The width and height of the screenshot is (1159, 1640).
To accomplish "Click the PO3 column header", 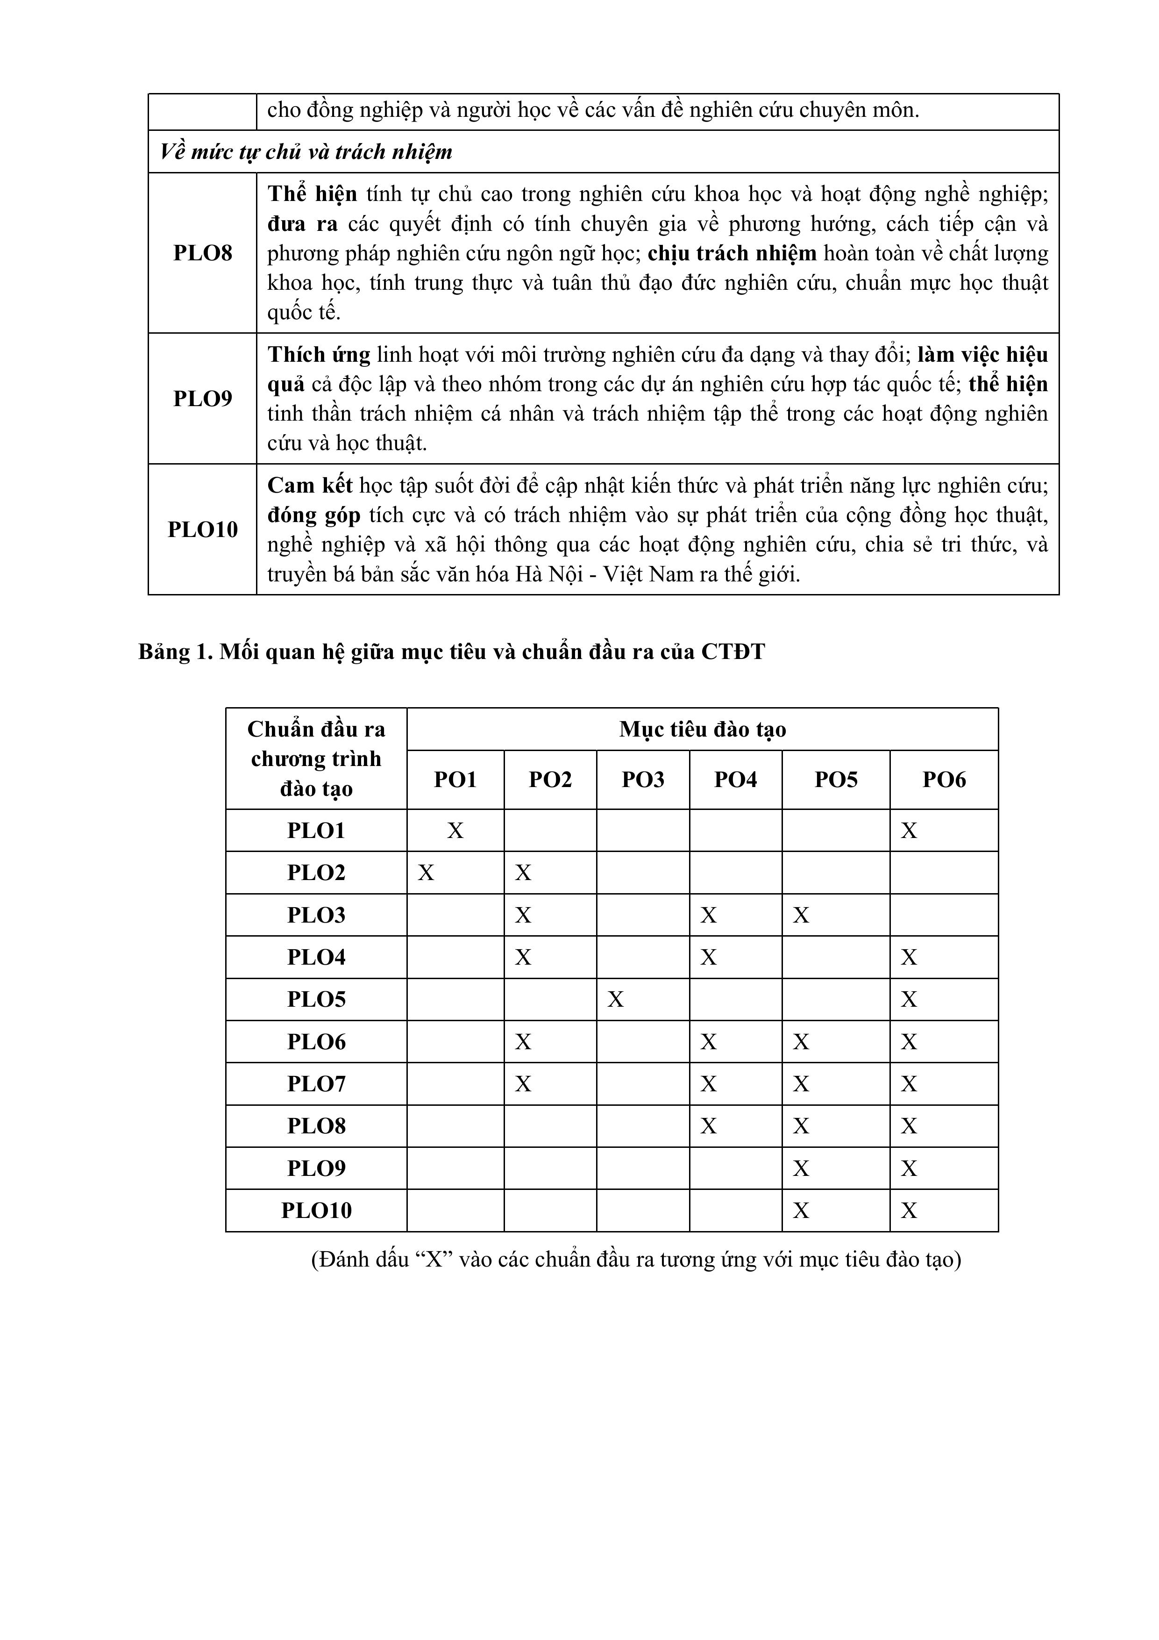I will point(643,779).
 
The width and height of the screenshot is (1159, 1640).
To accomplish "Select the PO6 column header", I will point(943,779).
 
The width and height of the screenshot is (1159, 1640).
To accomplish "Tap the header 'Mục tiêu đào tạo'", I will point(702,729).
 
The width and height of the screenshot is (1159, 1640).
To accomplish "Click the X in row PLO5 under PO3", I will point(616,999).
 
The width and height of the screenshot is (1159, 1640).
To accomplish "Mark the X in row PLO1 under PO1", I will point(455,831).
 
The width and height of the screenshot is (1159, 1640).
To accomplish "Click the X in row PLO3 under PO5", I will point(801,915).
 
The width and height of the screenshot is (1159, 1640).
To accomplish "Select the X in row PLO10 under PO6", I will point(908,1210).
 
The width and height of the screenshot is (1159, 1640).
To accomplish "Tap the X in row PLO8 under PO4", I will point(708,1126).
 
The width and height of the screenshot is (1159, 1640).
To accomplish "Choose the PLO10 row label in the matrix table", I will point(316,1210).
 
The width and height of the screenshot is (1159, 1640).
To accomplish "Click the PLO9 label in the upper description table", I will point(203,399).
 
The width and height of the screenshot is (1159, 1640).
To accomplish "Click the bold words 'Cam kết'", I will point(310,486).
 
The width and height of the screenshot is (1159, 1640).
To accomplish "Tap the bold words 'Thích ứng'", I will point(319,355).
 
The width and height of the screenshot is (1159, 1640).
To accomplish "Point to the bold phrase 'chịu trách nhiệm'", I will point(732,254).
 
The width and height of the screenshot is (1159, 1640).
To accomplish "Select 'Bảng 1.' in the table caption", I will point(175,652).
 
